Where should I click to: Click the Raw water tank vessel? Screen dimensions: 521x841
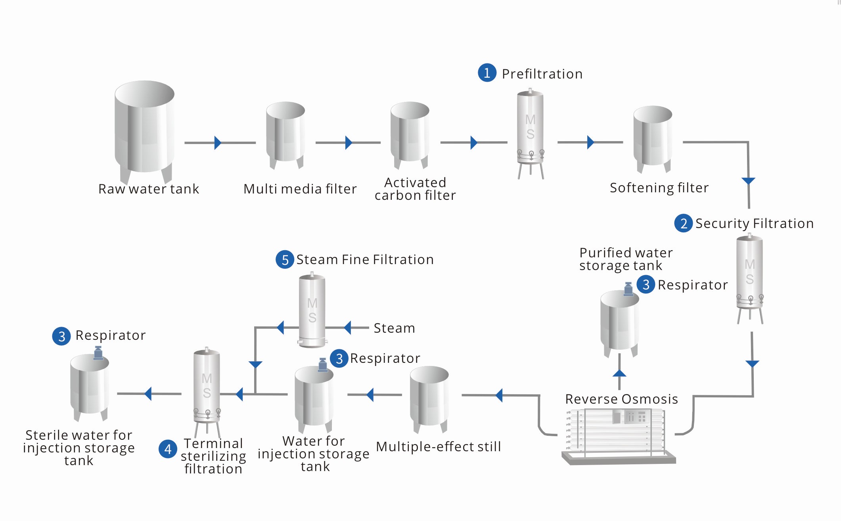click(145, 131)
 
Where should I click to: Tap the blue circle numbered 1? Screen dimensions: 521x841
click(487, 73)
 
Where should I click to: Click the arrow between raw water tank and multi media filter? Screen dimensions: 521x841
click(218, 143)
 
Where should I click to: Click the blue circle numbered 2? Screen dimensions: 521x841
click(683, 224)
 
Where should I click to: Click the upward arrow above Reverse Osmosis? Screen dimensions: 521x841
click(619, 374)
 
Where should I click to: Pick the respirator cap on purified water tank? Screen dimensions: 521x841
click(628, 289)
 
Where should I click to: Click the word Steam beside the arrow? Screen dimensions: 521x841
click(394, 328)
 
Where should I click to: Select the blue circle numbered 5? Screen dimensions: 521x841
click(285, 260)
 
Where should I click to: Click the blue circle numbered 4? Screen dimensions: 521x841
click(168, 449)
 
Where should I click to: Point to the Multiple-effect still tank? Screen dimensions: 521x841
click(429, 398)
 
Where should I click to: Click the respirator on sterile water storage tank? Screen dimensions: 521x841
click(98, 352)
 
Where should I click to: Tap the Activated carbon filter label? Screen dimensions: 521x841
click(415, 189)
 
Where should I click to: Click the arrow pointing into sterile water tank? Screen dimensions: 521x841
click(148, 394)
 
